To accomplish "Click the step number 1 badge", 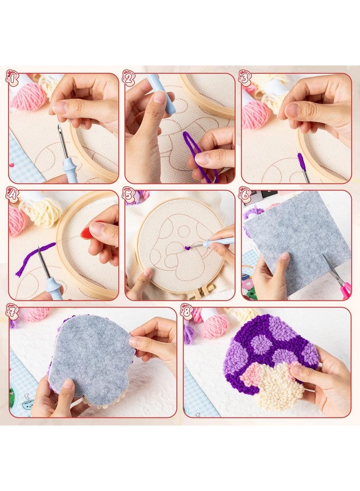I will (12, 78).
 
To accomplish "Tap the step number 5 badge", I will (129, 195).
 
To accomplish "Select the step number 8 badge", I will (187, 311).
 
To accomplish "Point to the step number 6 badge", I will (245, 195).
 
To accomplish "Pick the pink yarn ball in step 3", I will (256, 113).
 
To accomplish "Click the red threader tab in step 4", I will (86, 231).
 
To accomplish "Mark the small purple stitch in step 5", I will (188, 248).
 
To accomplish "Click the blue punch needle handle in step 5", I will (218, 242).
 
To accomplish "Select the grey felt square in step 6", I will (297, 235).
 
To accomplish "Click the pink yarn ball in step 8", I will (214, 326).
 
